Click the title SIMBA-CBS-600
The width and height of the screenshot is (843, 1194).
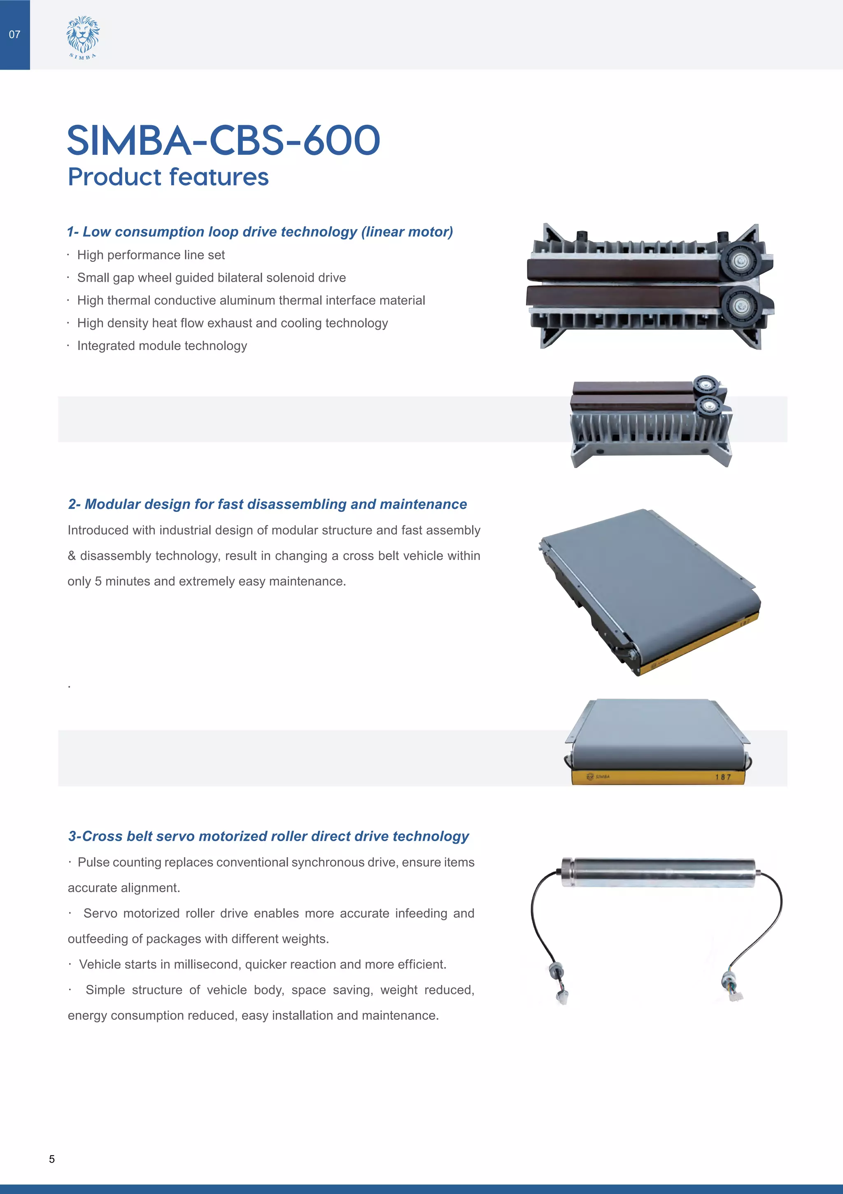click(224, 140)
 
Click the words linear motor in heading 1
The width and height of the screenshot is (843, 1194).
click(407, 232)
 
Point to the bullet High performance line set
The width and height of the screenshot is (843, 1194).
click(151, 255)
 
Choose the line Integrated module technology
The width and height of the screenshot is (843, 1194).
click(162, 346)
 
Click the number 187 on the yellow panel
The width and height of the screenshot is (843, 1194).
click(722, 777)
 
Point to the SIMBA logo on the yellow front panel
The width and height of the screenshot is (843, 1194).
click(598, 777)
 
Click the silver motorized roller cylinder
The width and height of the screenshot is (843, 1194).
click(658, 872)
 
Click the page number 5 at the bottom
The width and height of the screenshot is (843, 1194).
click(51, 1159)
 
